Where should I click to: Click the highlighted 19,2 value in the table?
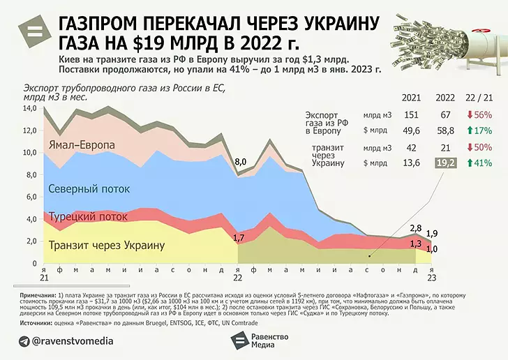(444, 163)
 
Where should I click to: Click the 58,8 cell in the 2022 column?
(444, 130)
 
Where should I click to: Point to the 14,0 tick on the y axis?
(31, 109)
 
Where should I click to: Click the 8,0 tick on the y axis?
(31, 175)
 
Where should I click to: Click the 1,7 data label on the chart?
(238, 238)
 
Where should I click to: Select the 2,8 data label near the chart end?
(416, 228)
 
